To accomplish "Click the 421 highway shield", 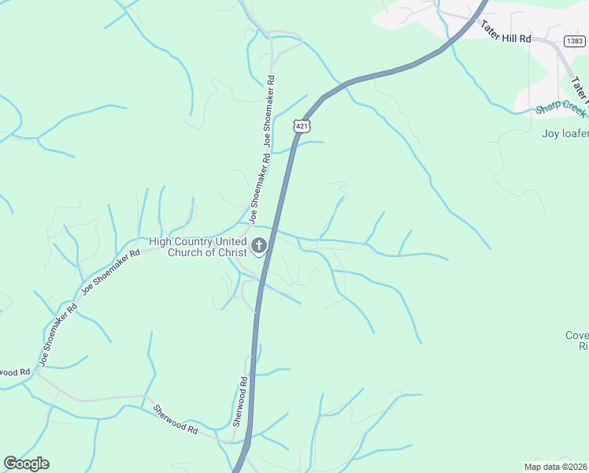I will pos(302,126).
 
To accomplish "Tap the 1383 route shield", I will pos(575,40).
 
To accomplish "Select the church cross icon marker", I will pos(258,247).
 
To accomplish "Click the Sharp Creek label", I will pos(561,109).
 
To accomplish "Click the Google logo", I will pos(26,464).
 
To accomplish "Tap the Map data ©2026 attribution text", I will pos(555,466).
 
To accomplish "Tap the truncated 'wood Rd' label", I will pos(14,371).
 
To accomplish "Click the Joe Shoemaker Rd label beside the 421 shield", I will pos(269,112).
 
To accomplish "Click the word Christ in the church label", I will pos(228,252).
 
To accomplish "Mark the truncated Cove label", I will pos(576,336).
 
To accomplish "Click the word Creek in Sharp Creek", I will pos(572,109).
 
